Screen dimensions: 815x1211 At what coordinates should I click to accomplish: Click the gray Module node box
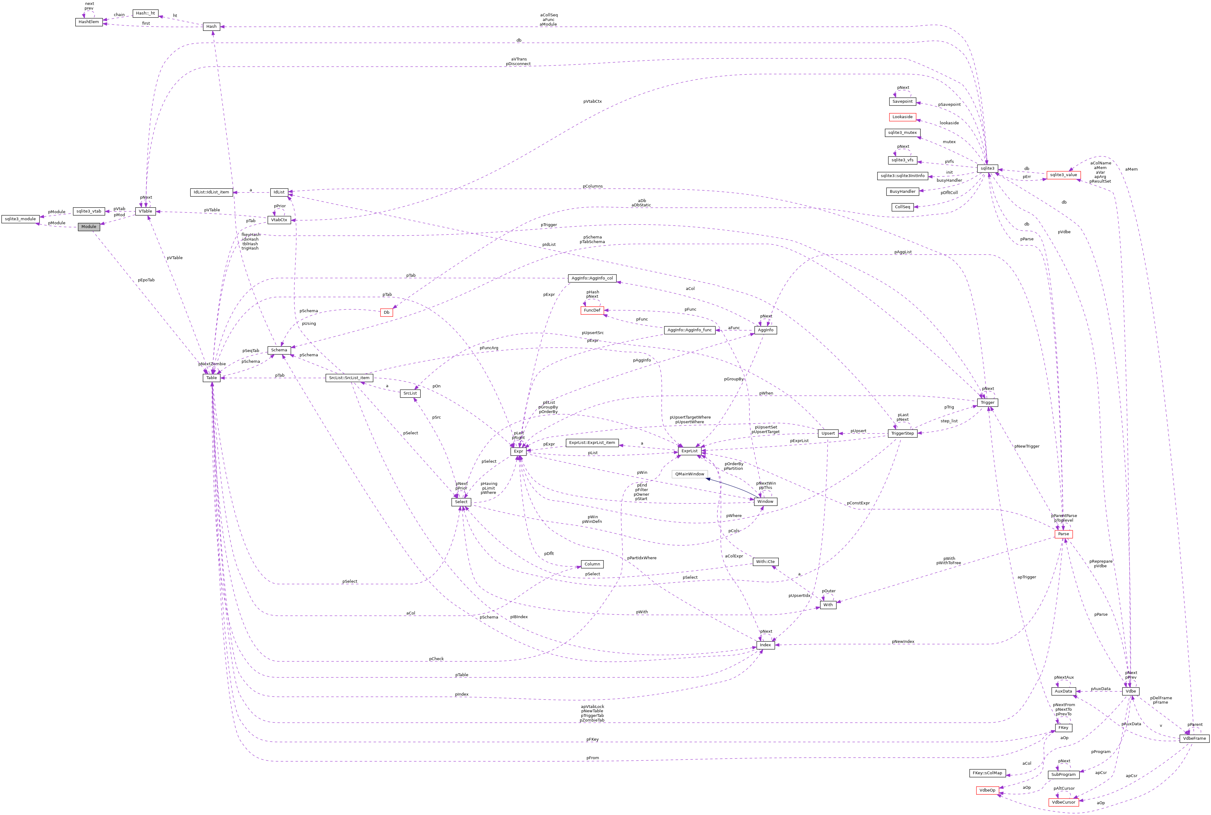pos(89,227)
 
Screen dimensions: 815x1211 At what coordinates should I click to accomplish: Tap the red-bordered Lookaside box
pos(902,117)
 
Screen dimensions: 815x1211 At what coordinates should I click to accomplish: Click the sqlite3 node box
pos(987,168)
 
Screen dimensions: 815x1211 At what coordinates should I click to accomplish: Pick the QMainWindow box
pos(690,474)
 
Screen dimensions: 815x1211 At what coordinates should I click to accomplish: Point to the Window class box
pos(765,502)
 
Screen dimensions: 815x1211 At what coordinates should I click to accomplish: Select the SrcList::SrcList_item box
pos(349,378)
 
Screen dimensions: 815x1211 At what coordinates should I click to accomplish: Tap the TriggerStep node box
pos(902,433)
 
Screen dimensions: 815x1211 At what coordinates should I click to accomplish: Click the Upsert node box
pos(828,433)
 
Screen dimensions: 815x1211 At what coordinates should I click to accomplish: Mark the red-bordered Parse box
pos(1064,534)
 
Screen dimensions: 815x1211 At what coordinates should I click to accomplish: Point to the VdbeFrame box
pos(1194,738)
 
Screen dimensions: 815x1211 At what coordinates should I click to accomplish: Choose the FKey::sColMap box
pos(987,773)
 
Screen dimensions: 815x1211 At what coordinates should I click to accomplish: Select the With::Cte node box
pos(765,562)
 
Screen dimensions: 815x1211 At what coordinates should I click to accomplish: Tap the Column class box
pos(592,564)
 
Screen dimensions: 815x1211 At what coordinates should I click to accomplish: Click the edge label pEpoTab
pos(146,280)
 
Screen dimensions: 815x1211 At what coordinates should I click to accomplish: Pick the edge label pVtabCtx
pos(592,101)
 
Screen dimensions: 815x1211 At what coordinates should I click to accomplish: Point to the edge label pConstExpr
pos(858,503)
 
